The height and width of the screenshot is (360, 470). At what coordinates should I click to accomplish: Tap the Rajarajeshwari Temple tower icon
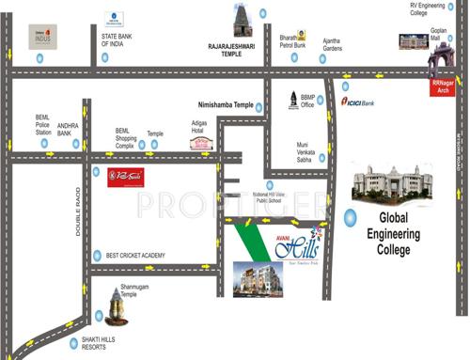[240, 21]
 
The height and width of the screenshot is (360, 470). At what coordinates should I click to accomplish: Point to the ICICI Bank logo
[358, 102]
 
